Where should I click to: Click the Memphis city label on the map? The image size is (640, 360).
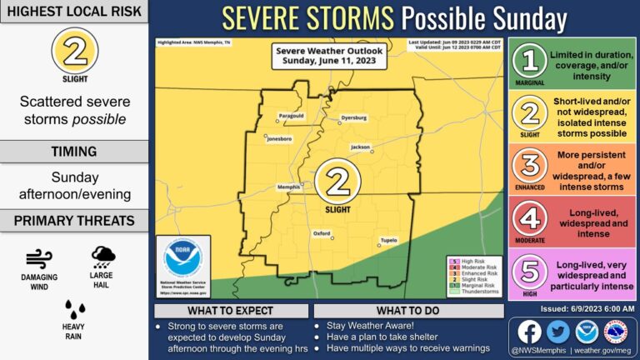(288, 187)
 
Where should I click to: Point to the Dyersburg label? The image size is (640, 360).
(353, 118)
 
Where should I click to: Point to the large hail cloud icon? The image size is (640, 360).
(104, 257)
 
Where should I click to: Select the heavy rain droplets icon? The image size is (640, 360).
(75, 310)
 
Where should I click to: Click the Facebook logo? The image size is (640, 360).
(529, 331)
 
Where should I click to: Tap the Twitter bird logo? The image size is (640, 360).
(557, 331)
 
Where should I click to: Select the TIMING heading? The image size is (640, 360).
(75, 152)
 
